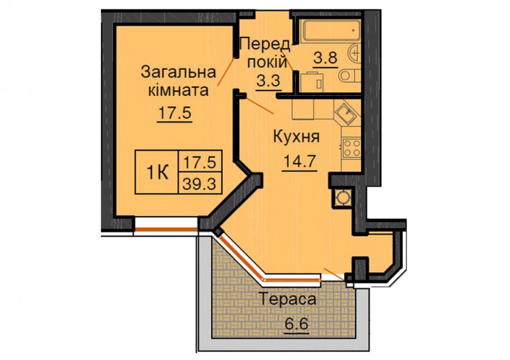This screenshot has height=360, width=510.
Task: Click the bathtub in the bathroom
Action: pyautogui.click(x=331, y=31)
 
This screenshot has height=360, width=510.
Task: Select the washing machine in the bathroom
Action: pyautogui.click(x=313, y=82)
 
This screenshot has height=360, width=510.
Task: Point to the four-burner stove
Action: pyautogui.click(x=352, y=148)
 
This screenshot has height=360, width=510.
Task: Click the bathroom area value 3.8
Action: pyautogui.click(x=326, y=58)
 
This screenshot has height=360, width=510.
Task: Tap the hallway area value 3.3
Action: pyautogui.click(x=269, y=81)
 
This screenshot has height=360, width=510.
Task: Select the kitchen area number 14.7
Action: pyautogui.click(x=300, y=161)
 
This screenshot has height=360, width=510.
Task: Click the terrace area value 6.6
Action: pyautogui.click(x=295, y=324)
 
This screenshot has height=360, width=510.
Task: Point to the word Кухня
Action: pyautogui.click(x=296, y=137)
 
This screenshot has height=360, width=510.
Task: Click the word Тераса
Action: pyautogui.click(x=287, y=300)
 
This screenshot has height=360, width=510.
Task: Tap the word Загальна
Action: pyautogui.click(x=178, y=72)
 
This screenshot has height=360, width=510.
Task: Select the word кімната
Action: pyautogui.click(x=178, y=90)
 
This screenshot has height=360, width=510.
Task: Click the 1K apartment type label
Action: pyautogui.click(x=158, y=173)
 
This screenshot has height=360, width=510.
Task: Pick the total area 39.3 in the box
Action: pyautogui.click(x=200, y=184)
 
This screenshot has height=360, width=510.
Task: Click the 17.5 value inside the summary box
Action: pyautogui.click(x=200, y=162)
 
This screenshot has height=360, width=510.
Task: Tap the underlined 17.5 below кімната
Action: pyautogui.click(x=174, y=114)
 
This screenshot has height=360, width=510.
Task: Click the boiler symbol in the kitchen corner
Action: pyautogui.click(x=342, y=197)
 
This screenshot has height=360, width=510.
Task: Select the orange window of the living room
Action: pyautogui.click(x=166, y=230)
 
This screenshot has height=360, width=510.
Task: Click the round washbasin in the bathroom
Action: pyautogui.click(x=355, y=53)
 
